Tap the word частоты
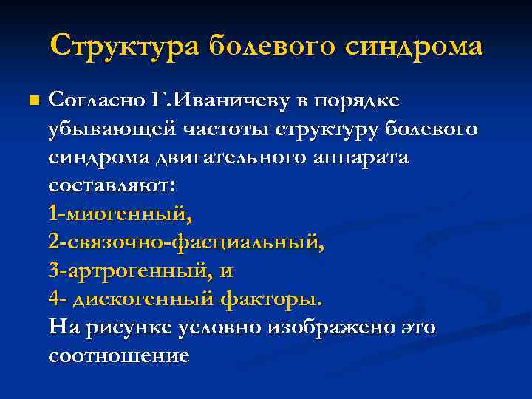click(223, 129)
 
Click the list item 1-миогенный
click(119, 215)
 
